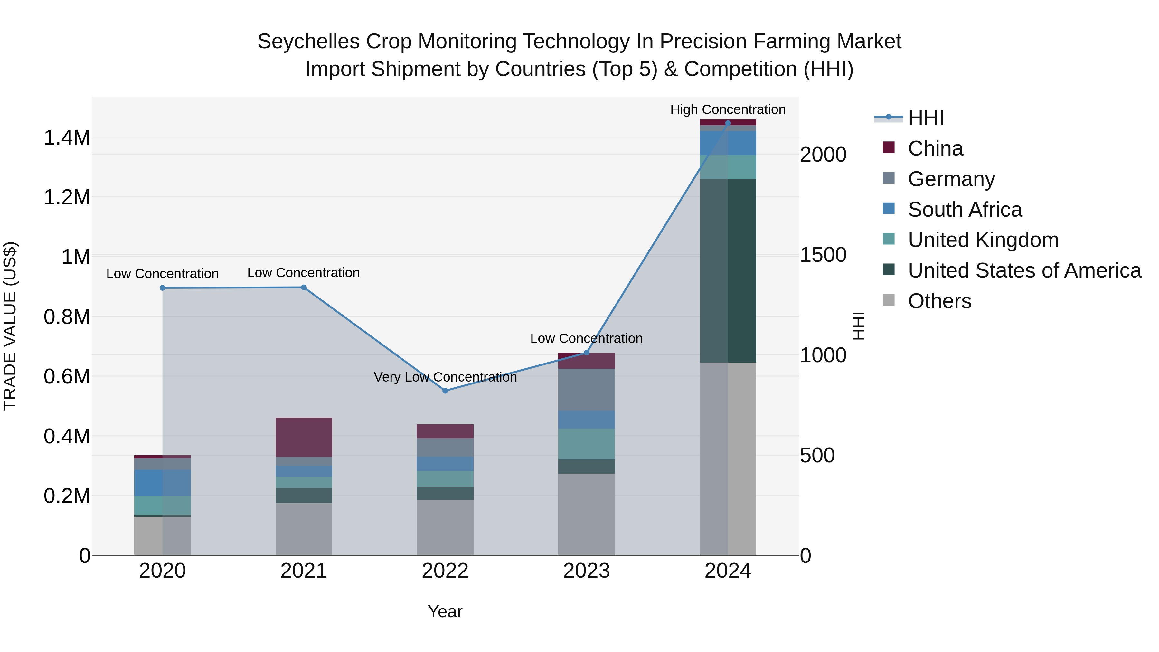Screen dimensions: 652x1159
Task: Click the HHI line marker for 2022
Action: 445,391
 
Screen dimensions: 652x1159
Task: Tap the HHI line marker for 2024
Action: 728,123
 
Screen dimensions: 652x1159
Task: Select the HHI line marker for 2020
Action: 163,288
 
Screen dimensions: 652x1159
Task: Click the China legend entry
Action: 935,148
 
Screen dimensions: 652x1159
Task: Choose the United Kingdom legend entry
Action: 983,240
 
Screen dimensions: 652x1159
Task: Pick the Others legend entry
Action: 939,301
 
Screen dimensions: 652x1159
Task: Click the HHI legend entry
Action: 925,118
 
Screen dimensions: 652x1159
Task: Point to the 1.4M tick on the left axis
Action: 67,138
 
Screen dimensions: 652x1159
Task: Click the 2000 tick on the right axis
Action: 823,155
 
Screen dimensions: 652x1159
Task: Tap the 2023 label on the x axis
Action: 586,571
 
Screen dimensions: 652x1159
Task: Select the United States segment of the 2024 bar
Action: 728,270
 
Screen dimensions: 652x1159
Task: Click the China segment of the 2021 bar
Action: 304,437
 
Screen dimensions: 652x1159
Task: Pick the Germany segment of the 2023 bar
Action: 586,389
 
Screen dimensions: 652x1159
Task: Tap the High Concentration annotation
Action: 728,109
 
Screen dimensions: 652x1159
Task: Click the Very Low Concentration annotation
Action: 445,377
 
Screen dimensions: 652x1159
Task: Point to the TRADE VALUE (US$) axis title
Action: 10,326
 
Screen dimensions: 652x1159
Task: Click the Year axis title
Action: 445,611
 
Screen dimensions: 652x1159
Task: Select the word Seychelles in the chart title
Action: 308,42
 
